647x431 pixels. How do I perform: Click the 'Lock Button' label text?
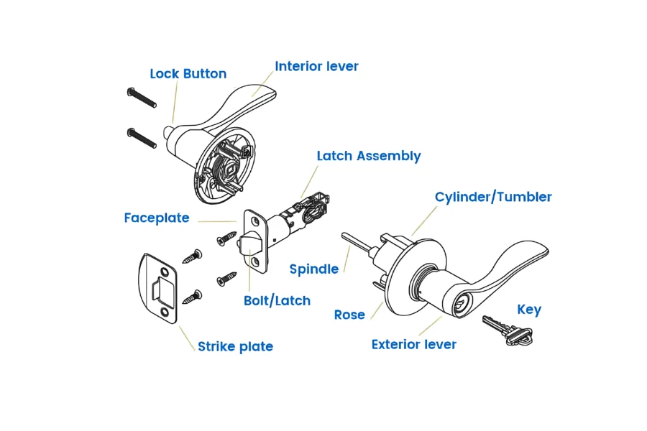point(188,74)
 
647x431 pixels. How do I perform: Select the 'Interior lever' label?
point(316,66)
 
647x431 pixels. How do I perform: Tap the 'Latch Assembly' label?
point(369,156)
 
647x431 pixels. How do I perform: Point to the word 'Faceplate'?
point(157,218)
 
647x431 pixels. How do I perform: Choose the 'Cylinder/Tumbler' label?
point(493,197)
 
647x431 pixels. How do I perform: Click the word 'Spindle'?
point(313,269)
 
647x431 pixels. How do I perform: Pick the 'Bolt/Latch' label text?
point(277,300)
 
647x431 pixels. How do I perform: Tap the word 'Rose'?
point(349,315)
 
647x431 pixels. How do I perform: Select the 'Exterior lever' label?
point(413,345)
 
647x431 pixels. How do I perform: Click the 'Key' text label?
point(529,310)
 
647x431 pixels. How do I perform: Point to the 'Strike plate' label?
point(235,346)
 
